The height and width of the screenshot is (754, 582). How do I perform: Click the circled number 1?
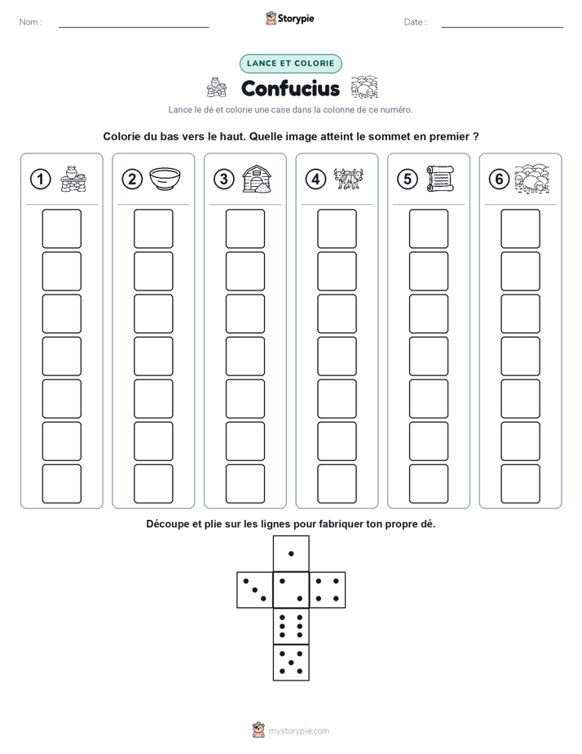click(x=40, y=180)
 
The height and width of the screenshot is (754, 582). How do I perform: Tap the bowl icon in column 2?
click(x=165, y=179)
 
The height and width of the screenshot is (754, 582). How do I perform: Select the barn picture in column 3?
click(x=257, y=179)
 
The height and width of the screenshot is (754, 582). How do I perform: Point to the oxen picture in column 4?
click(x=349, y=179)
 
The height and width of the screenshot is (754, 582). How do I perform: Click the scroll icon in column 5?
click(x=440, y=179)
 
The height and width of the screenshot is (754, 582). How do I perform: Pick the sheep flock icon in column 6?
click(x=532, y=179)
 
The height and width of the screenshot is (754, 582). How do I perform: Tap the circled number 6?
click(x=500, y=180)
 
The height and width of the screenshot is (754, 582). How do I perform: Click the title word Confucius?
click(x=290, y=88)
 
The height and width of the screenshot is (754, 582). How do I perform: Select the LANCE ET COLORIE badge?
click(x=290, y=64)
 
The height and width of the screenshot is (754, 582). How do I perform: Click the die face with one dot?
click(x=291, y=554)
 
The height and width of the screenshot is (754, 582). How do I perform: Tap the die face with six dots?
click(x=291, y=626)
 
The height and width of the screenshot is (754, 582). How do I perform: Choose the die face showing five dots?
click(x=291, y=663)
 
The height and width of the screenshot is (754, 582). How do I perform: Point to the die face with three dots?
click(x=255, y=590)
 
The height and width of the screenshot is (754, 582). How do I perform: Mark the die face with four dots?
click(x=328, y=590)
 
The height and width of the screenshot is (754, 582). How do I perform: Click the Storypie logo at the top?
click(x=289, y=18)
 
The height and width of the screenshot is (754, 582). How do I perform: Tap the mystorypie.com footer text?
click(x=298, y=731)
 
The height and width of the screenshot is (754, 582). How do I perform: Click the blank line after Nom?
click(x=134, y=27)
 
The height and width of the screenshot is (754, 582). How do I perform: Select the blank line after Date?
click(x=502, y=27)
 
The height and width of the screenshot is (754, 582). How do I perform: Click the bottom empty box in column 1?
click(x=61, y=484)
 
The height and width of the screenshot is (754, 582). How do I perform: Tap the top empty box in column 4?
click(x=337, y=228)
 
